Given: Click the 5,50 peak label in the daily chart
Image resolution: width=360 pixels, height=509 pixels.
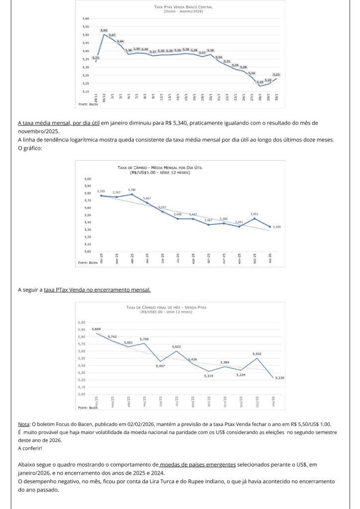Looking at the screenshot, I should pyautogui.click(x=104, y=31).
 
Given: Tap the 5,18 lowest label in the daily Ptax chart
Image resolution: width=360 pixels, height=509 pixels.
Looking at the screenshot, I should pyautogui.click(x=260, y=82).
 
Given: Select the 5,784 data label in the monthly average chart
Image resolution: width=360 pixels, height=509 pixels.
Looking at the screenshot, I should pyautogui.click(x=132, y=190).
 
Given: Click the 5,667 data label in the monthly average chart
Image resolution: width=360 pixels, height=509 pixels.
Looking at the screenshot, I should pyautogui.click(x=147, y=198).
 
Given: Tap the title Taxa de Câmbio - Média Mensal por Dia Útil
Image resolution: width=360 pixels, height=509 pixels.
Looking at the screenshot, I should pyautogui.click(x=160, y=168).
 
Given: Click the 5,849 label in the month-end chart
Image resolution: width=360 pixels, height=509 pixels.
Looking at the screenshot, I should pyautogui.click(x=96, y=329).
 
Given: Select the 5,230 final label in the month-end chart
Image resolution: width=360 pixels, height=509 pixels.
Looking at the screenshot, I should pyautogui.click(x=279, y=378).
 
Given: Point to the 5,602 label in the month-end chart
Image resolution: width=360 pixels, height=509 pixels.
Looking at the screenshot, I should pyautogui.click(x=177, y=346).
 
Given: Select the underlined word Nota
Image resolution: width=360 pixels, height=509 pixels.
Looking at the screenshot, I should pyautogui.click(x=23, y=424).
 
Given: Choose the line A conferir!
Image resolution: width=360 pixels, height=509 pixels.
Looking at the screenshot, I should pyautogui.click(x=31, y=448).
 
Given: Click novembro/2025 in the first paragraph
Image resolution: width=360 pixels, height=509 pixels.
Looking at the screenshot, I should pyautogui.click(x=37, y=131).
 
